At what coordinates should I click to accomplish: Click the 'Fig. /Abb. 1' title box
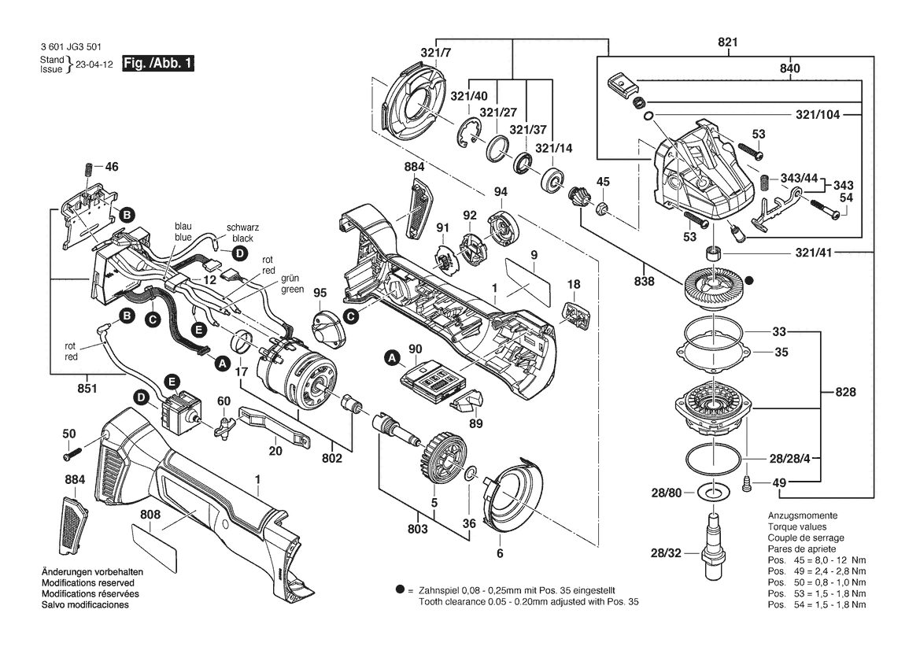click(158, 64)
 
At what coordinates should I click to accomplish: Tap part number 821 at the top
click(727, 42)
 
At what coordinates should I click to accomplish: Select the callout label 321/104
click(818, 114)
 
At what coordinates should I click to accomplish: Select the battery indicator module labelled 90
click(433, 381)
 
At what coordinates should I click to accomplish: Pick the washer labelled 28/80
click(712, 492)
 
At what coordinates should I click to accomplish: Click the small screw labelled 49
click(747, 483)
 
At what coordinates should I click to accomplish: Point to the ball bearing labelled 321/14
click(552, 179)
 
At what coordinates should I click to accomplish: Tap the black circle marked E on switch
click(172, 382)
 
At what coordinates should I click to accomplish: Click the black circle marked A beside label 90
click(392, 356)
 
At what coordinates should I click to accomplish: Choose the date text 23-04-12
click(94, 65)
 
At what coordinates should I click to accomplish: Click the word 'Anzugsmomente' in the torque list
click(803, 515)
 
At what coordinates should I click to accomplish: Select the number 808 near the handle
click(150, 515)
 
